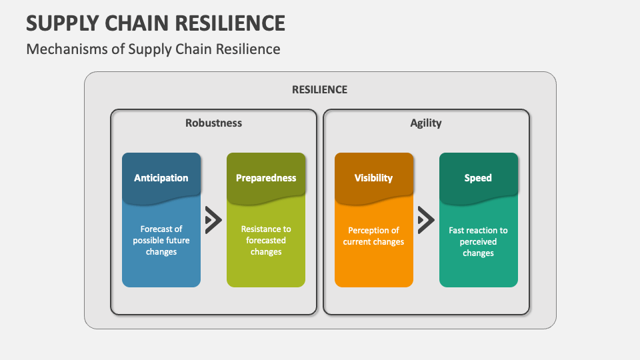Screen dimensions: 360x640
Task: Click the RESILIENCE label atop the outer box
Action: coord(319,89)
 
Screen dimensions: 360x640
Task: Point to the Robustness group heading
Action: coord(213,123)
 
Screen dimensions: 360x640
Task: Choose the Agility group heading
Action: coord(426,123)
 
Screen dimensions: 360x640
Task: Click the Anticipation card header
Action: coord(161,178)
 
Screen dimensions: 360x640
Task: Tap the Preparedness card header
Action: coord(266,178)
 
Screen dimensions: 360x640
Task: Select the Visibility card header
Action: coord(373,178)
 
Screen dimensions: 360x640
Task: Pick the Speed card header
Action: coord(478,178)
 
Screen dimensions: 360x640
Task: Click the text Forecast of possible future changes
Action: coord(161,240)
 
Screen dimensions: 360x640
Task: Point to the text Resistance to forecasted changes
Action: coord(266,240)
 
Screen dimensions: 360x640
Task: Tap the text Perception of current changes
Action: coord(373,236)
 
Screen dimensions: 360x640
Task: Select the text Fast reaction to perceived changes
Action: coord(478,241)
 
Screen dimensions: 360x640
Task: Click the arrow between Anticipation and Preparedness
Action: coord(213,220)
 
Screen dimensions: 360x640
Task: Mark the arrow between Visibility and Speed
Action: coord(426,220)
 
